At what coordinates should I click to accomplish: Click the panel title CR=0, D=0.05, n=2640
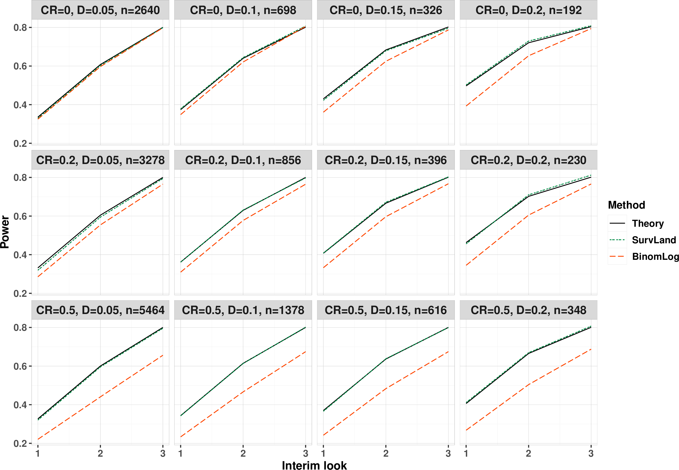click(100, 10)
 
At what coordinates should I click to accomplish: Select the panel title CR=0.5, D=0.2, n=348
click(528, 310)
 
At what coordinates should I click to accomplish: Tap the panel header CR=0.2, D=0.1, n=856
click(243, 160)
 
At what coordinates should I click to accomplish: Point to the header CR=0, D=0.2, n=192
click(528, 10)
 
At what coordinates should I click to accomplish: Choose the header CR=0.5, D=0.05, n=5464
click(100, 310)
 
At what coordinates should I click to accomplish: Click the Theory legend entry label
click(648, 224)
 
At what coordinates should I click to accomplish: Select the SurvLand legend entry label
click(654, 240)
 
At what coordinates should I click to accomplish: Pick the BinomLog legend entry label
click(655, 257)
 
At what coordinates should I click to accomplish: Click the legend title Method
click(627, 205)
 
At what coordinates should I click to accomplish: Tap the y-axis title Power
click(5, 232)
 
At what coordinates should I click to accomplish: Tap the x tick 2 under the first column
click(100, 453)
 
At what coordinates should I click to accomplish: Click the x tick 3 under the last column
click(591, 453)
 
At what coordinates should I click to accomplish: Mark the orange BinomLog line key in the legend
click(617, 257)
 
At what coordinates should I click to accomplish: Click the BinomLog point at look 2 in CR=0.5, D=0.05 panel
click(100, 397)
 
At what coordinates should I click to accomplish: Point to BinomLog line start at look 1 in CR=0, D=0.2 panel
click(466, 106)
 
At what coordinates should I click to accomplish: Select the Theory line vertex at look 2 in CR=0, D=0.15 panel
click(386, 50)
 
